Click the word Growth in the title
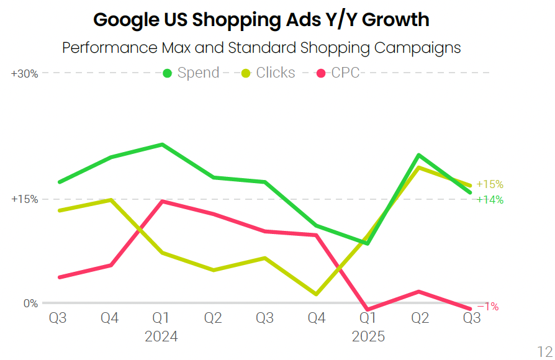[395, 20]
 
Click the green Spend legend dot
[167, 73]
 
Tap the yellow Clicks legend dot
[246, 73]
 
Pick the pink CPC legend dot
[321, 73]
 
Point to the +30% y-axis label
[25, 73]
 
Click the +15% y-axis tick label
[25, 199]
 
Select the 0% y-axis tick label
[30, 304]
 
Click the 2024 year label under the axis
[161, 337]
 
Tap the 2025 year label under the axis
[368, 337]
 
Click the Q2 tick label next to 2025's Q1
[420, 318]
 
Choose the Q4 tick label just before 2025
[317, 318]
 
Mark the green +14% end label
[490, 200]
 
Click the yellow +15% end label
[490, 184]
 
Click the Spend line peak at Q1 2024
[162, 145]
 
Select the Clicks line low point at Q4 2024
[317, 294]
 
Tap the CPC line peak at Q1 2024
[162, 201]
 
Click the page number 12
[544, 349]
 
